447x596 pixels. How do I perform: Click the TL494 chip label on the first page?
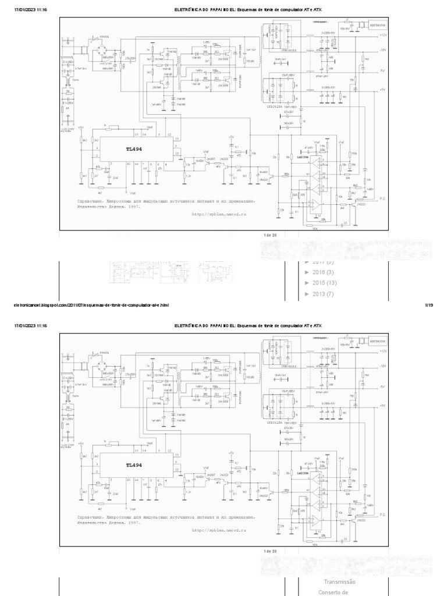134,149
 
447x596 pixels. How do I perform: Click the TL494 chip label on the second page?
134,465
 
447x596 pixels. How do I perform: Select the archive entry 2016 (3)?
322,272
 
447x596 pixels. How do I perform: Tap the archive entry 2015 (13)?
324,283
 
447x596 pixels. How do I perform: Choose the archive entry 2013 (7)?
322,294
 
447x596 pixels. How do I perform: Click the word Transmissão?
340,581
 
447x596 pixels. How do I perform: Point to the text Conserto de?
336,593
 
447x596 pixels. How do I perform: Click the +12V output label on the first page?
383,36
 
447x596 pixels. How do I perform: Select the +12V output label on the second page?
383,352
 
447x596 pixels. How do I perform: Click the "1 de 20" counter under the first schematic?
270,235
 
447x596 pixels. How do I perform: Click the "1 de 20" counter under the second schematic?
270,551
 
